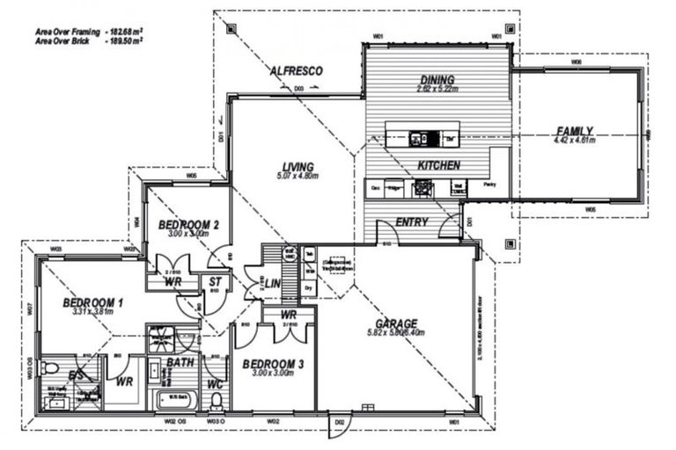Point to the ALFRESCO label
pyautogui.click(x=297, y=70)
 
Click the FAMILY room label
pyautogui.click(x=574, y=130)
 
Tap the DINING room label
pyautogui.click(x=437, y=78)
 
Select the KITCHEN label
pyautogui.click(x=436, y=165)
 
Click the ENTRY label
pyautogui.click(x=411, y=222)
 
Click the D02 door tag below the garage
pyautogui.click(x=340, y=424)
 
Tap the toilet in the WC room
pyautogui.click(x=216, y=402)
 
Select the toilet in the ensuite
pyautogui.click(x=49, y=368)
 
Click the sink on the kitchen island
pyautogui.click(x=418, y=138)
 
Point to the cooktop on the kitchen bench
pyautogui.click(x=424, y=186)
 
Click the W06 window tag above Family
pyautogui.click(x=576, y=62)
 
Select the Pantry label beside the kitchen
pyautogui.click(x=489, y=185)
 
